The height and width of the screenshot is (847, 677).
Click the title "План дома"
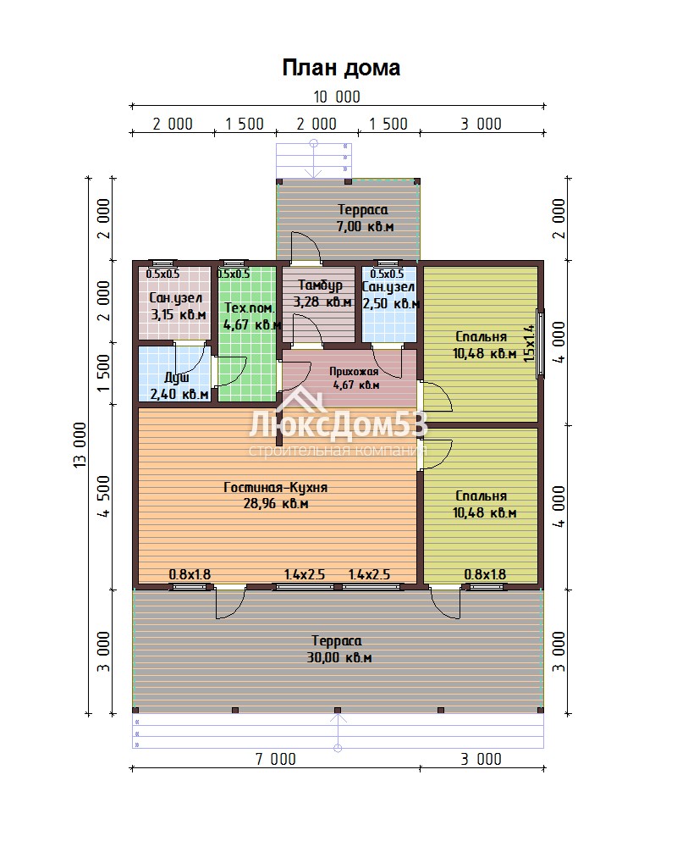(341, 69)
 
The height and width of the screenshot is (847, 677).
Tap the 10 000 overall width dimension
(337, 97)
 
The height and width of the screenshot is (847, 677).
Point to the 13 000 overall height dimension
(80, 445)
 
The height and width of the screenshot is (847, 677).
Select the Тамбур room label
(320, 285)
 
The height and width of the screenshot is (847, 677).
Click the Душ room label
(177, 378)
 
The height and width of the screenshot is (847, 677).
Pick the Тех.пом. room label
(250, 308)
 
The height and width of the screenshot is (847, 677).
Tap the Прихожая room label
(354, 372)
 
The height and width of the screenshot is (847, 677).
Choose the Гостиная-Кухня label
(275, 488)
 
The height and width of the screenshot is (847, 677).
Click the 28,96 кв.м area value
(276, 504)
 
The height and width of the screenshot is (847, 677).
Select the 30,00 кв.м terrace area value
(339, 658)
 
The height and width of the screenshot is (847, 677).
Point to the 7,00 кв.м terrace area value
(365, 227)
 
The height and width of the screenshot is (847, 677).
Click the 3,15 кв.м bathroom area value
(179, 315)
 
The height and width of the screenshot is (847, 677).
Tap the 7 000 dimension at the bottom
(275, 760)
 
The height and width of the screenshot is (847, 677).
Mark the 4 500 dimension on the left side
(103, 495)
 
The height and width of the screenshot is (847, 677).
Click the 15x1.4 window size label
(529, 343)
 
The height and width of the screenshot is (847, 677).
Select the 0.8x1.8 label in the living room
(190, 575)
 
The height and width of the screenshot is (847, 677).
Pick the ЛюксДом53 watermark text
(338, 424)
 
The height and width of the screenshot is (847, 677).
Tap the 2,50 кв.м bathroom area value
(391, 304)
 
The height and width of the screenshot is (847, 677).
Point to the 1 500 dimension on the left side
(103, 374)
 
